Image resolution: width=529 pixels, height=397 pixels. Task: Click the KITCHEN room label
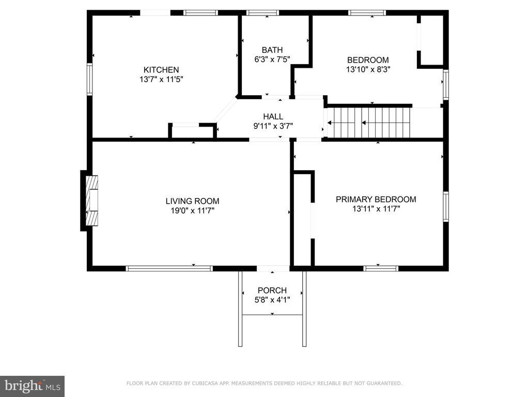161,70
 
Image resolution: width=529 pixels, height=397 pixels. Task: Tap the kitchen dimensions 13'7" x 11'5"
161,80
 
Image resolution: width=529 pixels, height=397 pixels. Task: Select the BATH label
272,50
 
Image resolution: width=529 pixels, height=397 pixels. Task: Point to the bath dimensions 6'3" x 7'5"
272,59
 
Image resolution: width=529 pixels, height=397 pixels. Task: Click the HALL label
273,117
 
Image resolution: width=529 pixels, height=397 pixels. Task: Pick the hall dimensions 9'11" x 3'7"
273,126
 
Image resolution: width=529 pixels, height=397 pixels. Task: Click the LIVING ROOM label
192,201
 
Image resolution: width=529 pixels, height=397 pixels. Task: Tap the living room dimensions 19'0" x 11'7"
192,211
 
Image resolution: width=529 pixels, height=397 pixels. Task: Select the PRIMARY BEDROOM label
376,199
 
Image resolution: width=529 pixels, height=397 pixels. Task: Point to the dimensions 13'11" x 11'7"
376,209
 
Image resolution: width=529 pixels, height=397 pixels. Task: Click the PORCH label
272,291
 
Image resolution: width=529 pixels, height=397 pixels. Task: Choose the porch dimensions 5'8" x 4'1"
272,300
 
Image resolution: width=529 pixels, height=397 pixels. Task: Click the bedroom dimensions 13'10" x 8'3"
368,70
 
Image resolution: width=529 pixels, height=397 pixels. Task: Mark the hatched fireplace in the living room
92,201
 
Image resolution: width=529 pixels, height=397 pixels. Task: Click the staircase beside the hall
369,123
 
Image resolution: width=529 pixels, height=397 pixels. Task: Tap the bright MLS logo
32,386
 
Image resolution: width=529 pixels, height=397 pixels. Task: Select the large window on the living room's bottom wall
169,268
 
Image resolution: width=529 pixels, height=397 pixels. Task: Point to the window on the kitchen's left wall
89,79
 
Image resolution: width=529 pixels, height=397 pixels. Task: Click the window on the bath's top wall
262,13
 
